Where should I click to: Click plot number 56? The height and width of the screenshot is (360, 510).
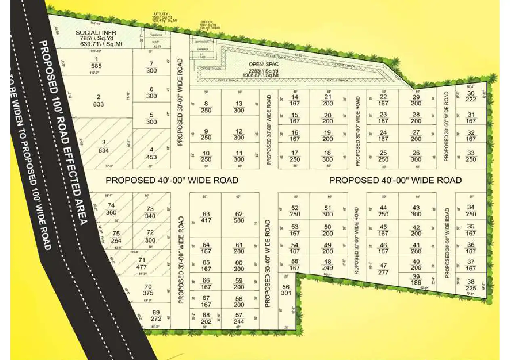(x=286, y=289)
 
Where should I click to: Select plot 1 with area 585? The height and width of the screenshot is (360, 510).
(x=96, y=62)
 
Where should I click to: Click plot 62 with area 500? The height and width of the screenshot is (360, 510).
(x=239, y=217)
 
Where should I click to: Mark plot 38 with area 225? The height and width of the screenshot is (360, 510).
(x=471, y=285)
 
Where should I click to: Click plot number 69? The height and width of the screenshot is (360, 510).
(x=156, y=315)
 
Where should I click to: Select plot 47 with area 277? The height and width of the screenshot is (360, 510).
(x=383, y=269)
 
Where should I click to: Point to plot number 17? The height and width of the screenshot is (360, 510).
(x=295, y=156)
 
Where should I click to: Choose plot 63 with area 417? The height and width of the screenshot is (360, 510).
(x=206, y=217)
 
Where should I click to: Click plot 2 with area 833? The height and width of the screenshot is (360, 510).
(x=98, y=100)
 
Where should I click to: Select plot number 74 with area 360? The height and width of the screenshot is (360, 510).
(x=111, y=209)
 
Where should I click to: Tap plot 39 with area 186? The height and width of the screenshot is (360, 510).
(x=416, y=279)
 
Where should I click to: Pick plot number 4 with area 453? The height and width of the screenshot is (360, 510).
(x=151, y=153)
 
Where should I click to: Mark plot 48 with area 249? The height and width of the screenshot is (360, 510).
(x=327, y=264)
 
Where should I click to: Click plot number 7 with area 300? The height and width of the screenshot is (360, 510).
(x=151, y=67)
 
